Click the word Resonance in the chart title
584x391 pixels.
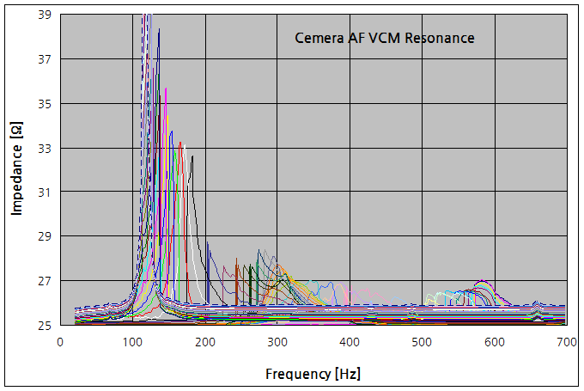point(439,38)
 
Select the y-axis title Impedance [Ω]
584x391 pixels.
point(16,169)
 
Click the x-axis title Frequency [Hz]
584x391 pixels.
point(313,374)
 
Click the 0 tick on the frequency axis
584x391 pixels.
point(60,342)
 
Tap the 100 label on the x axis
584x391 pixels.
point(132,342)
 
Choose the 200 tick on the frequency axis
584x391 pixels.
point(204,342)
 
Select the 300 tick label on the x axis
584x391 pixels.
point(277,342)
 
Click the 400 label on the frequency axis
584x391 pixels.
point(349,342)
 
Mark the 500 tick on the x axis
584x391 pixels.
point(421,342)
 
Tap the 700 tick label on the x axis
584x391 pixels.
point(565,342)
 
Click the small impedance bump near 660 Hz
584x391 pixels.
point(536,303)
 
